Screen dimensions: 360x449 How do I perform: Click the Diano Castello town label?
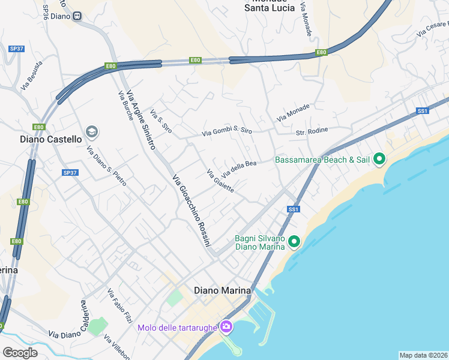tap(50, 139)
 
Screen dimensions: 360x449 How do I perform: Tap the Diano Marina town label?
tap(222, 290)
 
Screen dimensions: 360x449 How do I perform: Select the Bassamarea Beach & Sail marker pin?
tap(379, 160)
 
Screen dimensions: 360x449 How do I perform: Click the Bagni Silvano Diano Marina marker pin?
tap(294, 242)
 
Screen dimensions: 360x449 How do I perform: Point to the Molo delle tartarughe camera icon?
tap(226, 327)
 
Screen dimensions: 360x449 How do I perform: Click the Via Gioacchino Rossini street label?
tap(192, 211)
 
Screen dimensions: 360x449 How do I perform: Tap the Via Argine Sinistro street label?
tap(143, 126)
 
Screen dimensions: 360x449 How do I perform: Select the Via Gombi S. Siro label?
tap(227, 131)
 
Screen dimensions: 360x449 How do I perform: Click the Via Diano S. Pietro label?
tap(106, 166)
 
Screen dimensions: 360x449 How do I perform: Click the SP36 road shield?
tap(46, 11)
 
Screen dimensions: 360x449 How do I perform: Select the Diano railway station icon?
tap(77, 16)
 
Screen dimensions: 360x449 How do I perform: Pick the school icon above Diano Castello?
tap(91, 131)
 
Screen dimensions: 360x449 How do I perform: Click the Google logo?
tap(20, 353)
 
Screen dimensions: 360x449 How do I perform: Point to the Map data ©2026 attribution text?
tap(424, 355)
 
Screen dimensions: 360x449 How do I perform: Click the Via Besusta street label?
tap(32, 75)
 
